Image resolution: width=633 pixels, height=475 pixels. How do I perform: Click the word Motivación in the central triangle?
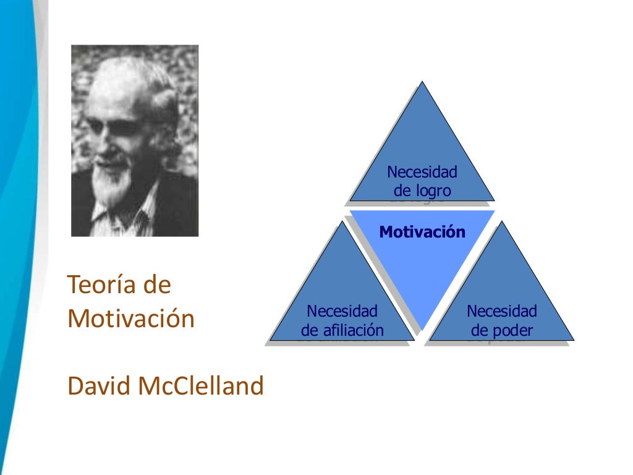tap(422, 233)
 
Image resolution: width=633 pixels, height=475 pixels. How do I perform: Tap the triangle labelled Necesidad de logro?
tap(422, 148)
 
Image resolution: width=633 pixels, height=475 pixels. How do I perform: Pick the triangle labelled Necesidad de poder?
tap(502, 291)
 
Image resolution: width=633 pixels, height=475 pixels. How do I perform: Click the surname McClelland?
tap(201, 386)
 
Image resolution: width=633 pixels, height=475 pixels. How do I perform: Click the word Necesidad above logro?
tap(422, 172)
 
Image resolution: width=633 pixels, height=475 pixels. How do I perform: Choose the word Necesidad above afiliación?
tap(342, 311)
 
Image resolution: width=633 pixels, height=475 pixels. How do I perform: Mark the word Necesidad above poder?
tap(502, 311)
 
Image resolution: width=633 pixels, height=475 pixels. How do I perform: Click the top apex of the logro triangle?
tap(422, 83)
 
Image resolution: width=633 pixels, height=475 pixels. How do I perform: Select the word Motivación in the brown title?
tap(131, 319)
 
